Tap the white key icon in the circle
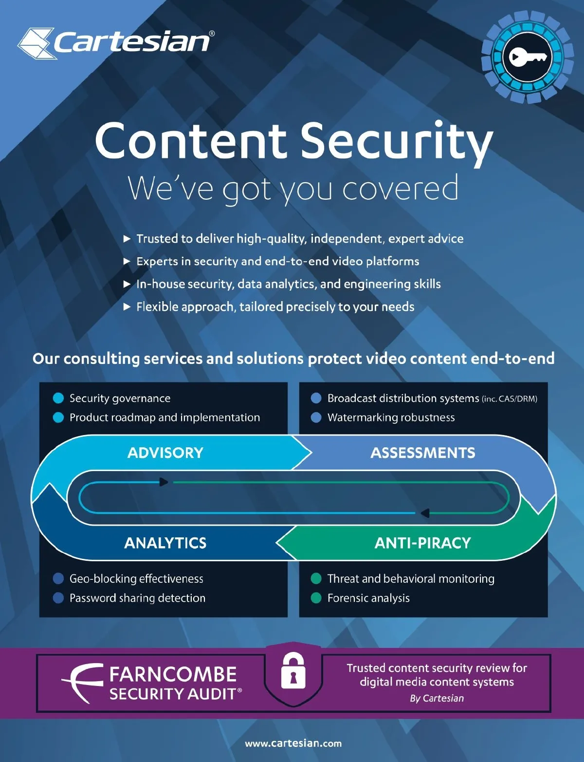(x=527, y=57)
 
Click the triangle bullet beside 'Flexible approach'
(x=127, y=307)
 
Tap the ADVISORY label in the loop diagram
(x=165, y=453)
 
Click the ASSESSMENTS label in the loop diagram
(x=423, y=453)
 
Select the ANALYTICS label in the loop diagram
(x=165, y=543)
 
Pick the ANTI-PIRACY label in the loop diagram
(x=422, y=543)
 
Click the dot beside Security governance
(x=58, y=399)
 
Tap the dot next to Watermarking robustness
(x=316, y=418)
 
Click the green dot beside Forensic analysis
(x=316, y=598)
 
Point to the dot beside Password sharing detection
(x=58, y=598)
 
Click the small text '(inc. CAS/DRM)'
(x=510, y=399)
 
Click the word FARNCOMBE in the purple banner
(x=173, y=674)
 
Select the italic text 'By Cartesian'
(x=437, y=698)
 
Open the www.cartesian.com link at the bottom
(x=293, y=743)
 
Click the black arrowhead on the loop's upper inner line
(x=164, y=482)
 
